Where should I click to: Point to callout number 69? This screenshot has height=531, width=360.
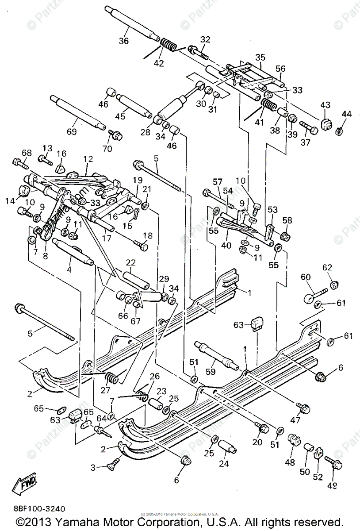coord(72,131)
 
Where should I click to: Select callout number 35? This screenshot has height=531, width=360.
coord(260,58)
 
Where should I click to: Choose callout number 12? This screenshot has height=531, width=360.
coord(88,158)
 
